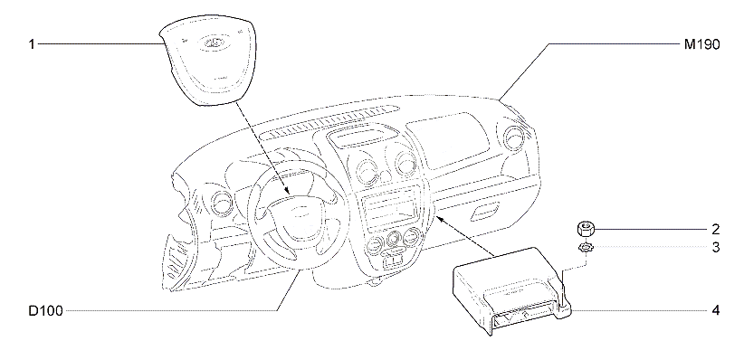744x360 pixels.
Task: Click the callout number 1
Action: point(32,44)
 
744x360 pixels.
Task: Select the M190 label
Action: point(701,44)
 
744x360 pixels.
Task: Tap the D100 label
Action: point(45,311)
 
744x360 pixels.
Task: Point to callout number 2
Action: point(716,230)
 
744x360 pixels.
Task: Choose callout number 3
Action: point(716,247)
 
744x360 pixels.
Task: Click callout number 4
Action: point(716,311)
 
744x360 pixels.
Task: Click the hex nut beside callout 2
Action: point(584,229)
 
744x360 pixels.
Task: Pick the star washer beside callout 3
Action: point(584,247)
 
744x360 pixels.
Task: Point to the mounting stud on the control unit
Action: point(563,290)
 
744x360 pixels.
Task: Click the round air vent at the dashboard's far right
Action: point(514,137)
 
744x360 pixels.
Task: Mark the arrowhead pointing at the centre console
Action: point(440,218)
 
